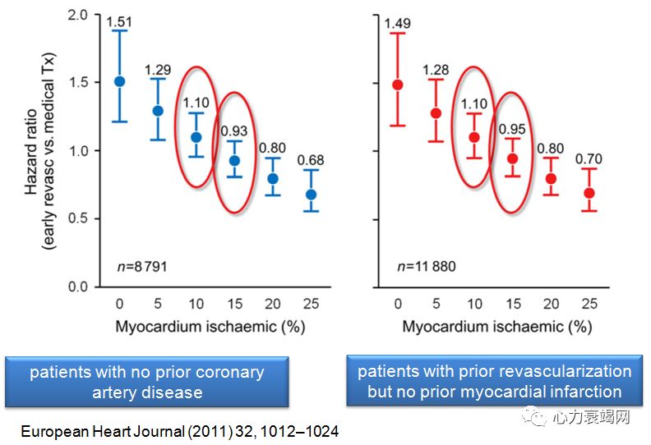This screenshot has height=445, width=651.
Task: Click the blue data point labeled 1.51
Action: point(120,81)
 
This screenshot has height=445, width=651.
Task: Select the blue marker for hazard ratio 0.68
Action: point(310,195)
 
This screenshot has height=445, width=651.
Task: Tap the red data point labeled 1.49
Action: point(398,85)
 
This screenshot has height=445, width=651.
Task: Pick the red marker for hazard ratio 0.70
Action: point(589,193)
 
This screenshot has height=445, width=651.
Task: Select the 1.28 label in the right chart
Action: point(436,71)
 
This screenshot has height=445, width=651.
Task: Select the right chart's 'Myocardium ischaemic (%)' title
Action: point(496,326)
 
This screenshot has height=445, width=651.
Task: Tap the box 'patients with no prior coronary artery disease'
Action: point(147,382)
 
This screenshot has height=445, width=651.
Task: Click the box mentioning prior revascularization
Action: point(494,381)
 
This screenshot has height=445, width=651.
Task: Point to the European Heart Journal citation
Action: point(179,431)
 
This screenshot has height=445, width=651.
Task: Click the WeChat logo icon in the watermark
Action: point(536,417)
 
